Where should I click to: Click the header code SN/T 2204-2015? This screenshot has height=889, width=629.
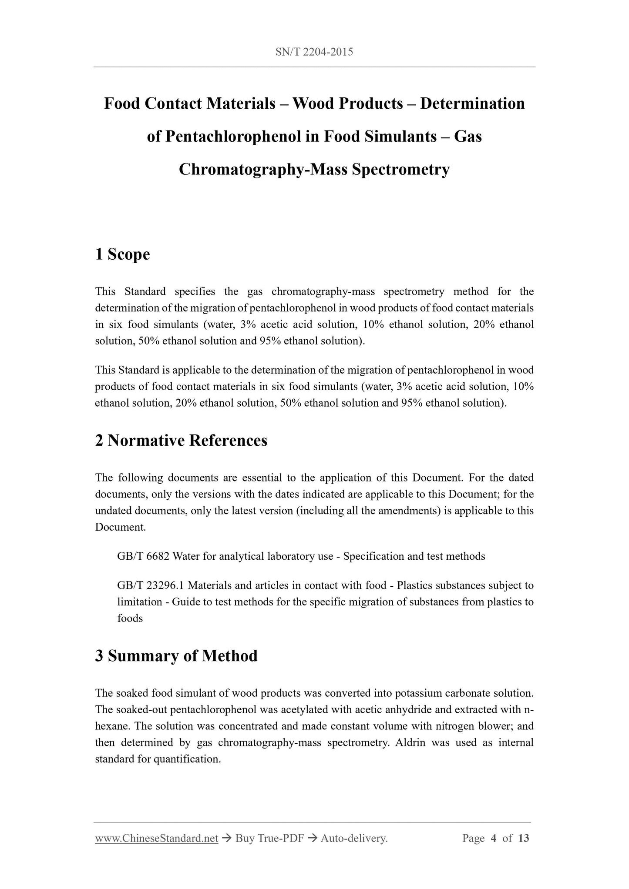tap(314, 52)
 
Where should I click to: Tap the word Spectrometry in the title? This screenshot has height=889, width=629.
tap(400, 169)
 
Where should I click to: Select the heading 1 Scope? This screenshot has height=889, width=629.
tap(122, 254)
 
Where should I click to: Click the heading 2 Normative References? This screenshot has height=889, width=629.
tap(181, 441)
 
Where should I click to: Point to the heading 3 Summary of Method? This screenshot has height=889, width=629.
tap(176, 656)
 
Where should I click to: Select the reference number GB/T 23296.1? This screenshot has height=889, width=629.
tap(151, 585)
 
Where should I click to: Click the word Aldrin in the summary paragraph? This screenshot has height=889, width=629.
tap(410, 742)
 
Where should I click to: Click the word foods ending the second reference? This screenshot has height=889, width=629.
tap(130, 618)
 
